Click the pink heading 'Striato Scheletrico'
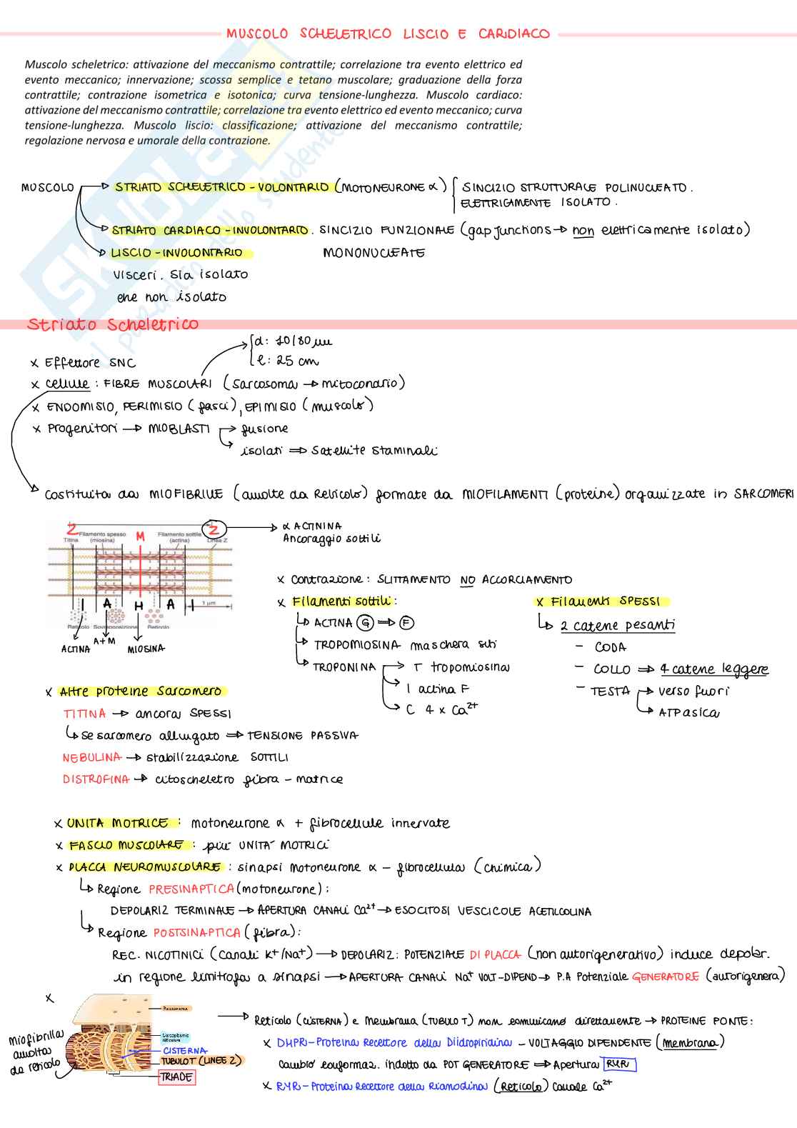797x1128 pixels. click(113, 324)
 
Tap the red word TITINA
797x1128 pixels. click(84, 714)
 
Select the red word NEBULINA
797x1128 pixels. click(91, 757)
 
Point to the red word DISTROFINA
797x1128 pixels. click(96, 779)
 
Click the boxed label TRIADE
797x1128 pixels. click(176, 1077)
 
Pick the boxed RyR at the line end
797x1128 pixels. click(618, 1064)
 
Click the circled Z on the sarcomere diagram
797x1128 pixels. click(214, 529)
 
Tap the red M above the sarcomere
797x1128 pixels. click(141, 536)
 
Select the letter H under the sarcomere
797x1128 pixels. click(139, 607)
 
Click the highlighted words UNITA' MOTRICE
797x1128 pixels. click(118, 823)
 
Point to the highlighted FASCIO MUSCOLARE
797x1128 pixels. click(126, 845)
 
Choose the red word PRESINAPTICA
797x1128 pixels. click(191, 889)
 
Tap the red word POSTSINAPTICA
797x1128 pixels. click(196, 932)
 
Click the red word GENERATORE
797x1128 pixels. click(665, 977)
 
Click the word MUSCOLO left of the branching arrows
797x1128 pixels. click(48, 188)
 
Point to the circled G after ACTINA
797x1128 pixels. click(365, 623)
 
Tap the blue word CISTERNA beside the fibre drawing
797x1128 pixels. click(184, 1051)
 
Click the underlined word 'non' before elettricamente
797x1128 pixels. click(583, 231)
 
